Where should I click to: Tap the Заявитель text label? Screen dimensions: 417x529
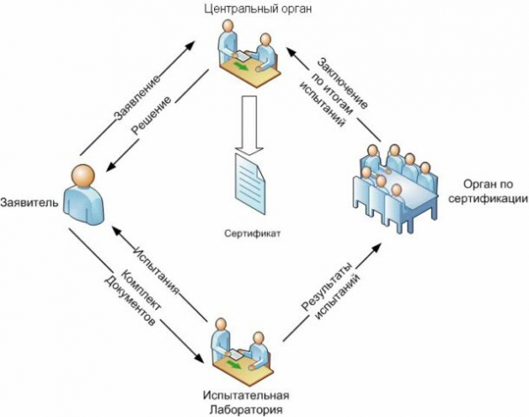30,203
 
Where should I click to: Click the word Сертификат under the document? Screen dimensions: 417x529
253,235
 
